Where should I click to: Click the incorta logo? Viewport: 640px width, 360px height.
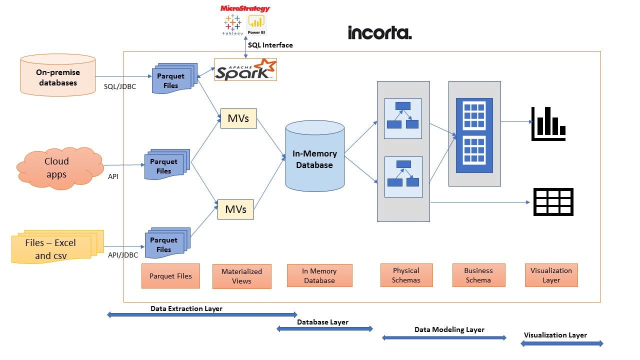pyautogui.click(x=379, y=33)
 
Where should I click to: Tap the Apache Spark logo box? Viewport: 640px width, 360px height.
pyautogui.click(x=245, y=69)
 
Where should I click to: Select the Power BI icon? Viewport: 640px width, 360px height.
pyautogui.click(x=256, y=24)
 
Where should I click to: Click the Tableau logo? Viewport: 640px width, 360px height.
pyautogui.click(x=232, y=25)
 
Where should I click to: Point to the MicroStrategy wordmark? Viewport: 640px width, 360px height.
pyautogui.click(x=245, y=8)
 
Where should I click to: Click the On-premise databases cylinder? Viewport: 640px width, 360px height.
pyautogui.click(x=58, y=75)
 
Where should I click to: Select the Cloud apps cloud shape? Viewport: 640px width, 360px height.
pyautogui.click(x=60, y=168)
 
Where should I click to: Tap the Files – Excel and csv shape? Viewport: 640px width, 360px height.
pyautogui.click(x=57, y=246)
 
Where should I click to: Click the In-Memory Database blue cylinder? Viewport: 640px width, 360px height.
pyautogui.click(x=315, y=156)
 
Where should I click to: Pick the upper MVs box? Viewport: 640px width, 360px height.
pyautogui.click(x=238, y=118)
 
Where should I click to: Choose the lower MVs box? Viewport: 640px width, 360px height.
pyautogui.click(x=235, y=209)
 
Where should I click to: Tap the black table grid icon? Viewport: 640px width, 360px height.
pyautogui.click(x=553, y=201)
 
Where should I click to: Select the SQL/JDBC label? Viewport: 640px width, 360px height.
pyautogui.click(x=120, y=86)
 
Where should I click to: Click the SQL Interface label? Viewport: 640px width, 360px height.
pyautogui.click(x=270, y=45)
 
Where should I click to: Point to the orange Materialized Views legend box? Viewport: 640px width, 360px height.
pyautogui.click(x=241, y=276)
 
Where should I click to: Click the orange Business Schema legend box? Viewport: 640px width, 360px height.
pyautogui.click(x=479, y=275)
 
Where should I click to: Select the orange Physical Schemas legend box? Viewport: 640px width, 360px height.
pyautogui.click(x=406, y=275)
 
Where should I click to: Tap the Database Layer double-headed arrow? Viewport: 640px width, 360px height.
pyautogui.click(x=324, y=329)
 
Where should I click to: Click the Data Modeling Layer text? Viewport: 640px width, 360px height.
pyautogui.click(x=449, y=329)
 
